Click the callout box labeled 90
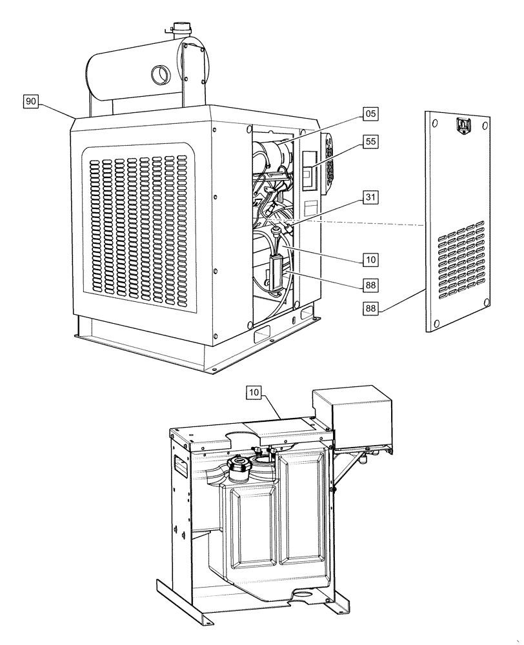tap(32, 101)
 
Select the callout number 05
tap(370, 114)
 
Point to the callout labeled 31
tap(370, 198)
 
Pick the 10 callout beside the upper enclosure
tap(370, 260)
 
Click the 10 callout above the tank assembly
tap(254, 392)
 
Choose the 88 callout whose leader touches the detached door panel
tap(370, 308)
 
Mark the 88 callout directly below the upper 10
tap(370, 284)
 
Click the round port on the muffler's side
tap(159, 75)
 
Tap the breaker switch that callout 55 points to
tap(309, 174)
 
